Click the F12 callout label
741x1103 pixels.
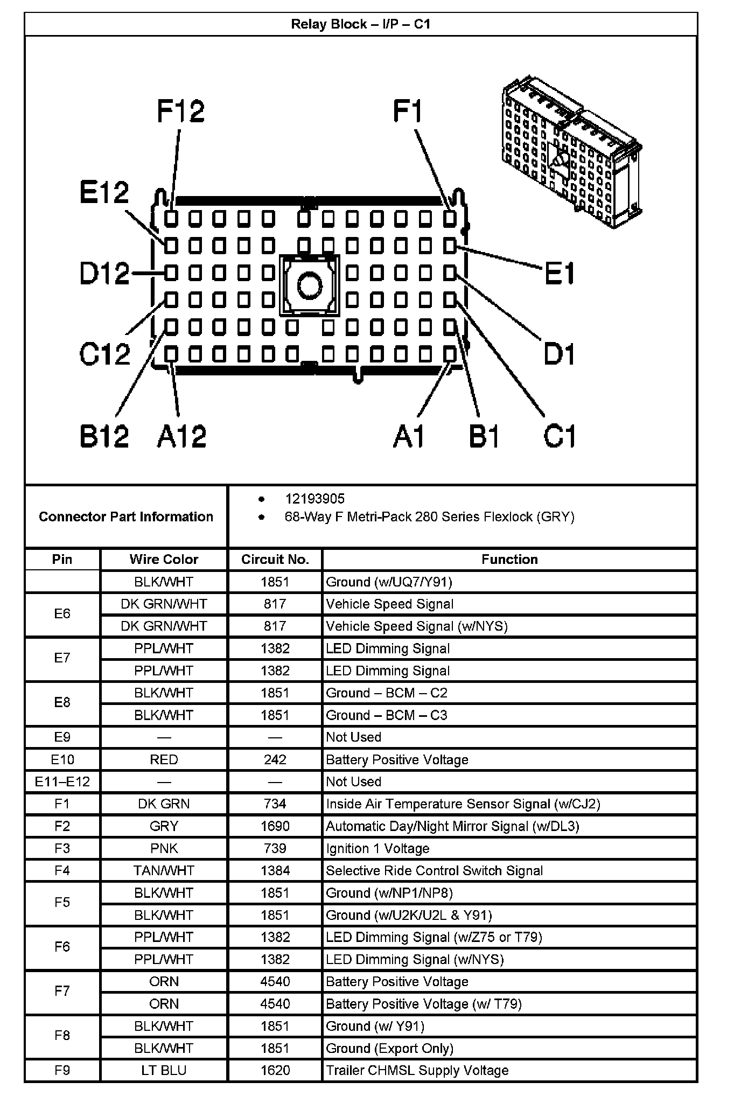(181, 111)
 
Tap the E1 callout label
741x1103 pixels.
(560, 274)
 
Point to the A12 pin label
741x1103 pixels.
(181, 436)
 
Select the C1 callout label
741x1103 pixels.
(560, 436)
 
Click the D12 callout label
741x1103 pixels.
(104, 274)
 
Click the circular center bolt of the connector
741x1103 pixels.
(309, 285)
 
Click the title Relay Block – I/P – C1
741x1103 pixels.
(360, 24)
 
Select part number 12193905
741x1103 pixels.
(314, 499)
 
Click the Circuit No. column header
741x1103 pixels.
(275, 559)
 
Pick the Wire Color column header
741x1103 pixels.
(164, 559)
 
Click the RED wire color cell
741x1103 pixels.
(164, 759)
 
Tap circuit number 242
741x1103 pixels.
(275, 759)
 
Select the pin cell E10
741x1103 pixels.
(62, 759)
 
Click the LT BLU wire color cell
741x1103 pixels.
(164, 1070)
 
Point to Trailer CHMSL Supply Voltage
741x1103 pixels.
(417, 1070)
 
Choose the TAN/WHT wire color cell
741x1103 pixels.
(164, 870)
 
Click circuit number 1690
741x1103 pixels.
(275, 826)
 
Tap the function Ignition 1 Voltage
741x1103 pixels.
(378, 848)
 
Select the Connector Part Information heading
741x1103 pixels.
(126, 516)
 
